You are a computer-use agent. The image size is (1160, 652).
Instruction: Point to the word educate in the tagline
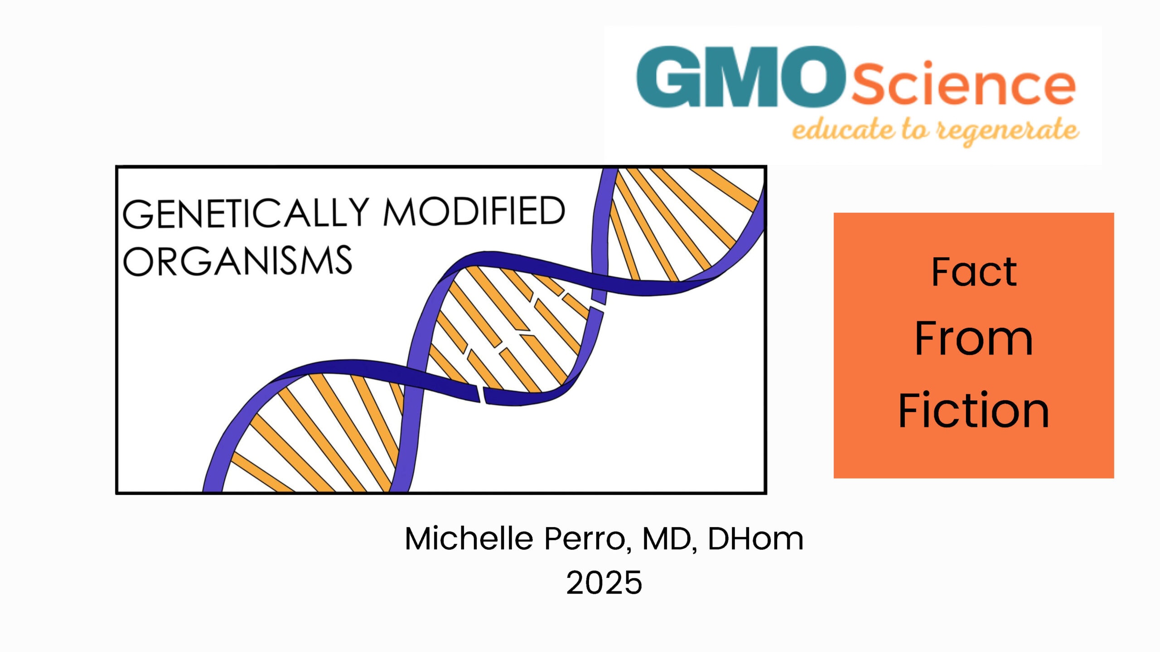843,129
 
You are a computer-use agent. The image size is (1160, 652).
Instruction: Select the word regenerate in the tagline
1009,131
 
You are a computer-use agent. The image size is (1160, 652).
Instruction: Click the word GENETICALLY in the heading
246,212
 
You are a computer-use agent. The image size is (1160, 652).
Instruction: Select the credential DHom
756,538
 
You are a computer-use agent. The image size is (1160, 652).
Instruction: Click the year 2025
604,582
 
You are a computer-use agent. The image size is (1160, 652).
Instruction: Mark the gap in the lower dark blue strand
481,394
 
